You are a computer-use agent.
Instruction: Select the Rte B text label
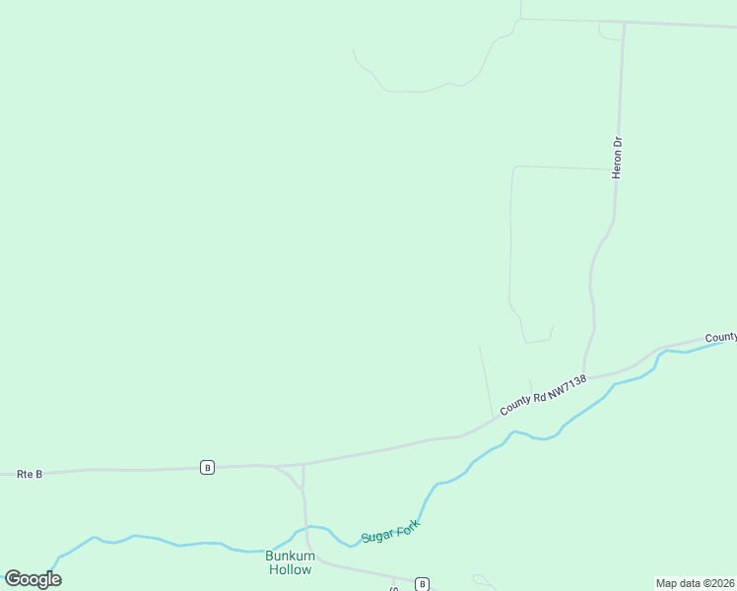(30, 474)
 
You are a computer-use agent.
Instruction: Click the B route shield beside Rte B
(207, 467)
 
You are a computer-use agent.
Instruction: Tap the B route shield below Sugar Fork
(422, 584)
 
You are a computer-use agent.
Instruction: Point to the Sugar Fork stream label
(390, 530)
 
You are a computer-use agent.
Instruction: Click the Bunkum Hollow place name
(290, 562)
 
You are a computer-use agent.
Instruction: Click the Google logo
(33, 579)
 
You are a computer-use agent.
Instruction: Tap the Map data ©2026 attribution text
(695, 582)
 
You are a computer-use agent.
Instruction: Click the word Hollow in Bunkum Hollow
(290, 569)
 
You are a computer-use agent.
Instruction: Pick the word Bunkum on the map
(290, 557)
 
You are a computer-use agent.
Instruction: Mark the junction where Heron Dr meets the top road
(624, 23)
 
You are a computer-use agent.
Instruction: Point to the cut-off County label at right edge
(720, 336)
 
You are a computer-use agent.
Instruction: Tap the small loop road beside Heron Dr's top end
(610, 31)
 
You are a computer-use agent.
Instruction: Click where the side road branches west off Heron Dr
(616, 169)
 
